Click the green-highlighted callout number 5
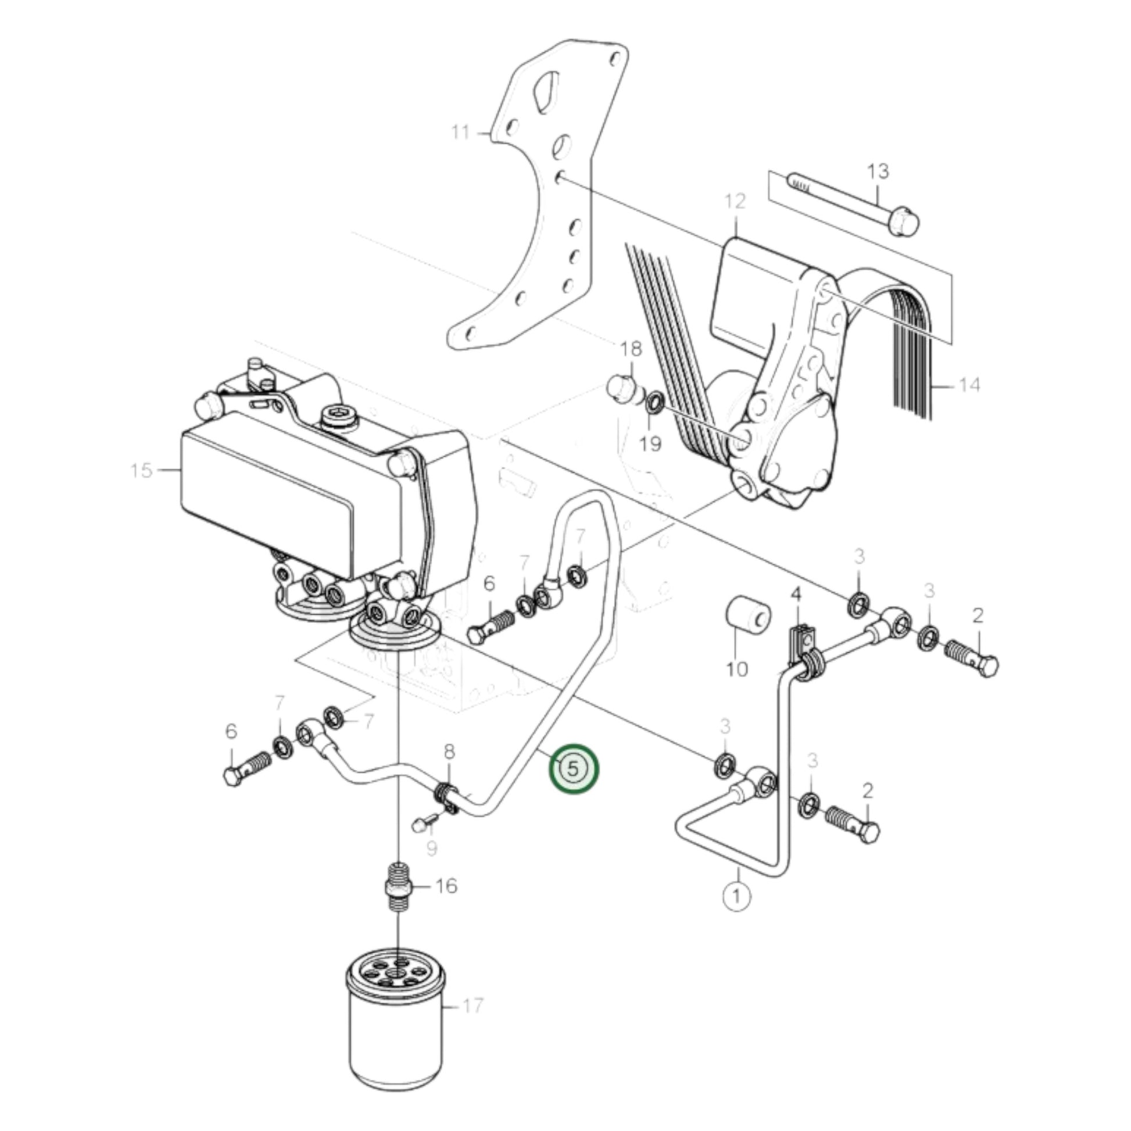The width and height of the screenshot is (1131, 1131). click(x=573, y=769)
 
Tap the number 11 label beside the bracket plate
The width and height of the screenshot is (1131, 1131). click(x=461, y=133)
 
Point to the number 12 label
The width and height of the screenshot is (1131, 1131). click(x=735, y=201)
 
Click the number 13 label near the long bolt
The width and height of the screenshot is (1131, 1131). click(x=878, y=171)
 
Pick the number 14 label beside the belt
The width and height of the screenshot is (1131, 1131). click(x=969, y=385)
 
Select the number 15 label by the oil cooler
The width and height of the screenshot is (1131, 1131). click(x=141, y=470)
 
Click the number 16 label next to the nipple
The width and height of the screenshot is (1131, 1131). click(x=446, y=886)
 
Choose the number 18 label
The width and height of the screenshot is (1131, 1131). click(x=631, y=349)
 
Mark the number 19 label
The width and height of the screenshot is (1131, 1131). click(x=650, y=443)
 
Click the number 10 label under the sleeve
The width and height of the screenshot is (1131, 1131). click(x=737, y=668)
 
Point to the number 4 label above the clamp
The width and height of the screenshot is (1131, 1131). click(x=796, y=595)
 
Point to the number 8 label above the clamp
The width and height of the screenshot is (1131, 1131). click(x=449, y=751)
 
